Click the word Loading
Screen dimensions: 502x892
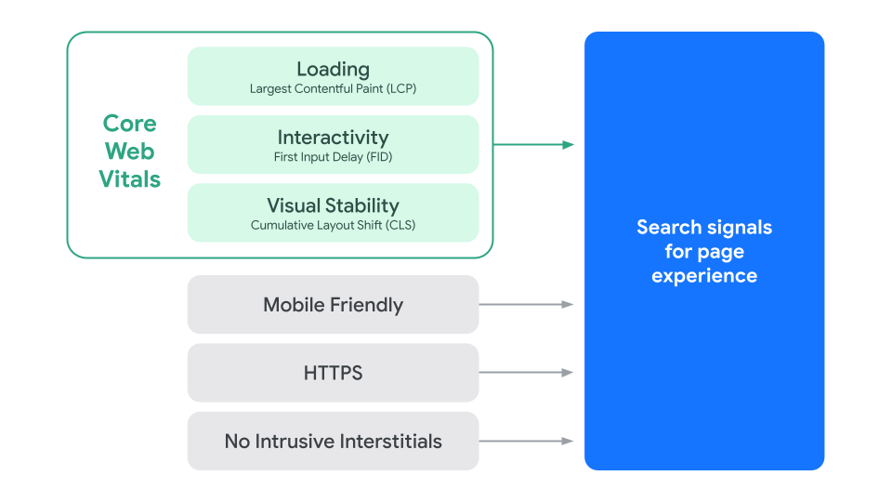click(333, 69)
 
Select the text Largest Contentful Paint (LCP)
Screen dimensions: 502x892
click(333, 89)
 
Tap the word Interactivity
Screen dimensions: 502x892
click(333, 138)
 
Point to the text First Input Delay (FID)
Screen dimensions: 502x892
click(333, 157)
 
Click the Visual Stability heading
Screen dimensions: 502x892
click(333, 205)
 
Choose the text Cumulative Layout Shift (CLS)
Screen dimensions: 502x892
click(333, 225)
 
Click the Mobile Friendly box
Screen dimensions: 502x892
click(333, 305)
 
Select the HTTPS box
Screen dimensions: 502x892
click(333, 373)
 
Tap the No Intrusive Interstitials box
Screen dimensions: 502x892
click(333, 441)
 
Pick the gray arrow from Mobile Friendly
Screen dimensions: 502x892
click(526, 304)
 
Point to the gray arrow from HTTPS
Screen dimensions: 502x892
click(526, 373)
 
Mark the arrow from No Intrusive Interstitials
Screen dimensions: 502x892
click(526, 441)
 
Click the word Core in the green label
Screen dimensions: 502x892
click(129, 124)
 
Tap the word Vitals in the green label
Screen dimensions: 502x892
click(129, 179)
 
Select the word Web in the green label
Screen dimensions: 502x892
click(129, 152)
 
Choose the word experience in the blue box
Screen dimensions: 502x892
click(703, 276)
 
